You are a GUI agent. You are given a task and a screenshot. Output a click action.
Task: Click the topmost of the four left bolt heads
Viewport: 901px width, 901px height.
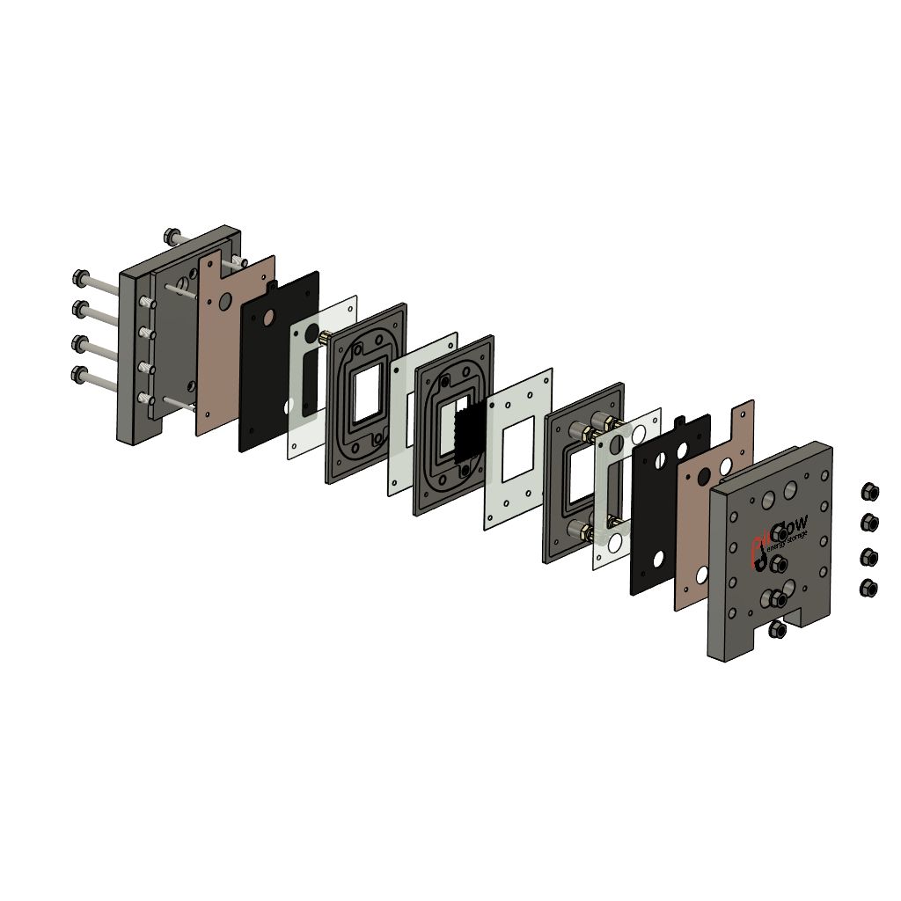(x=82, y=279)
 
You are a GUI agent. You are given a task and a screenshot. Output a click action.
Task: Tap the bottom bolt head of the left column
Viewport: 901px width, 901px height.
(x=82, y=375)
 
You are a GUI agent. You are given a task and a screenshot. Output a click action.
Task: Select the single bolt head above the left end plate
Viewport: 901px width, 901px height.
(x=172, y=236)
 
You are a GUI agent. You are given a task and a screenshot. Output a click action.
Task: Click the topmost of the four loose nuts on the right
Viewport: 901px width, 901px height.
(x=869, y=490)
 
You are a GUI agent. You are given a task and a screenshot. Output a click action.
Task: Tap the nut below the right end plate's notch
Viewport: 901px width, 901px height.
(x=776, y=628)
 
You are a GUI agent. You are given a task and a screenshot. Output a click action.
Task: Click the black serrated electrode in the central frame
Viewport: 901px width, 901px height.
(x=469, y=433)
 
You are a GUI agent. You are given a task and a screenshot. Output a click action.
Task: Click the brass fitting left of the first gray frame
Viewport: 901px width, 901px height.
(x=324, y=337)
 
